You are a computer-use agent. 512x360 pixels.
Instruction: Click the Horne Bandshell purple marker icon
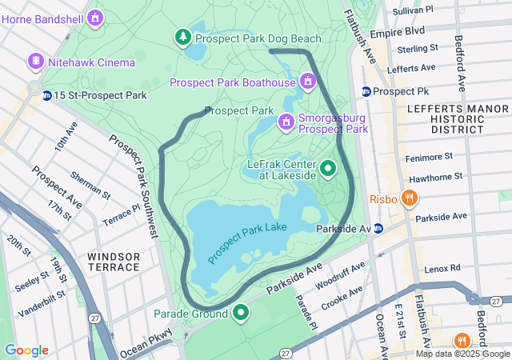coord(96,17)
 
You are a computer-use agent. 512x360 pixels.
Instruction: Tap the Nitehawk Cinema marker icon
coord(35,62)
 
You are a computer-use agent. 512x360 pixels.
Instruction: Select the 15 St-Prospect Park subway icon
coord(47,95)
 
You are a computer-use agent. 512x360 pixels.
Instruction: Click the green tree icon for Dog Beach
coord(183,38)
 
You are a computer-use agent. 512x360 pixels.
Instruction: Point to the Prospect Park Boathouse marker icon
coord(307,82)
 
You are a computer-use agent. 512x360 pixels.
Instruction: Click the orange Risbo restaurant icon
coord(409,198)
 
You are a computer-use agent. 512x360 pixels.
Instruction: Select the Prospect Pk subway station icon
coord(366,91)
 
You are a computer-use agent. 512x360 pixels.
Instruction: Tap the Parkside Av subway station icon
coord(378,229)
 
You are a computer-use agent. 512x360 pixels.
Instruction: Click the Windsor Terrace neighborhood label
coord(114,262)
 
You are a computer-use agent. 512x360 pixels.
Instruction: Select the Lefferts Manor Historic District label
coord(446,118)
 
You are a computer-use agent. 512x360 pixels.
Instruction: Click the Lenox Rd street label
coord(443,268)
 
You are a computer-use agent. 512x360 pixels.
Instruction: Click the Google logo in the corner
coord(26,350)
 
